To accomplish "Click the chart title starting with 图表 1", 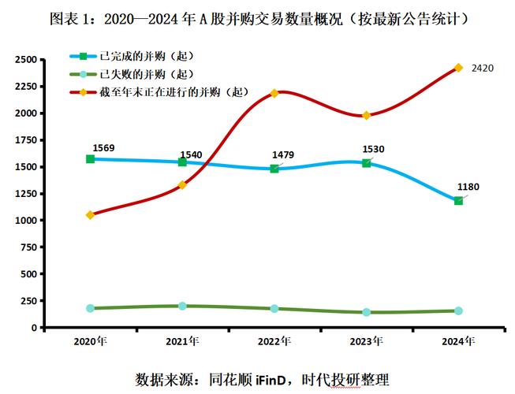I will pyautogui.click(x=257, y=17).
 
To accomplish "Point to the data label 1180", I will pyautogui.click(x=468, y=187).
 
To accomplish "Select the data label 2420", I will pyautogui.click(x=482, y=69).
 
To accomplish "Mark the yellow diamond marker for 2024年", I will pyautogui.click(x=458, y=68).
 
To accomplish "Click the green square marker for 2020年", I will pyautogui.click(x=91, y=159).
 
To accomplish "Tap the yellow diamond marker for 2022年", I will pyautogui.click(x=274, y=93).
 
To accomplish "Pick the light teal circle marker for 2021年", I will pyautogui.click(x=182, y=306).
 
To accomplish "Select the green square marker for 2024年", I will pyautogui.click(x=458, y=201).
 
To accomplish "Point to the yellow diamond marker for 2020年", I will pyautogui.click(x=91, y=214).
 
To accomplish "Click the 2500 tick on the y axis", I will pyautogui.click(x=25, y=60).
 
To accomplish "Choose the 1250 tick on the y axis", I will pyautogui.click(x=25, y=194).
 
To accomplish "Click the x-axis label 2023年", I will pyautogui.click(x=366, y=342).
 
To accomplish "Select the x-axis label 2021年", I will pyautogui.click(x=182, y=342).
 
